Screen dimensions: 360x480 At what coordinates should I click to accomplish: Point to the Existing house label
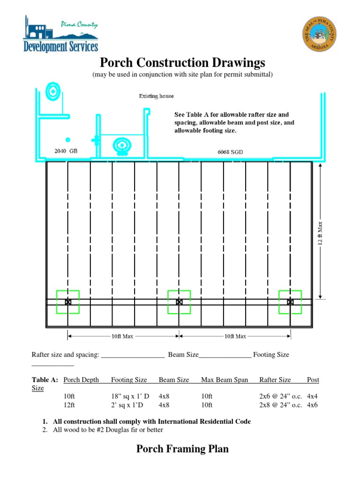coord(156,96)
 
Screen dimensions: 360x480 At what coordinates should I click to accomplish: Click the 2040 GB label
coord(66,151)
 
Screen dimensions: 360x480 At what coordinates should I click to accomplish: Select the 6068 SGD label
coord(230,151)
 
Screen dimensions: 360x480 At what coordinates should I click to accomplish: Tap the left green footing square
coord(68,302)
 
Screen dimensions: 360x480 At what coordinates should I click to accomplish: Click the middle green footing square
coord(179,302)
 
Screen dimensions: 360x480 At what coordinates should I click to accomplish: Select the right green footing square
coord(290,302)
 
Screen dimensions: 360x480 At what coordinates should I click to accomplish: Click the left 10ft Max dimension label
coord(123,336)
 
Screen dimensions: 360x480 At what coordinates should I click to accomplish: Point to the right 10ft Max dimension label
coord(235,336)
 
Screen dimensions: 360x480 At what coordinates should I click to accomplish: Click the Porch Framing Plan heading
coord(182,449)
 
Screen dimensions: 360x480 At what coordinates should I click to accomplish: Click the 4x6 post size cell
coord(312,405)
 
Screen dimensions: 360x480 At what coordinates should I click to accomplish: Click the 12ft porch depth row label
coord(69,405)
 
